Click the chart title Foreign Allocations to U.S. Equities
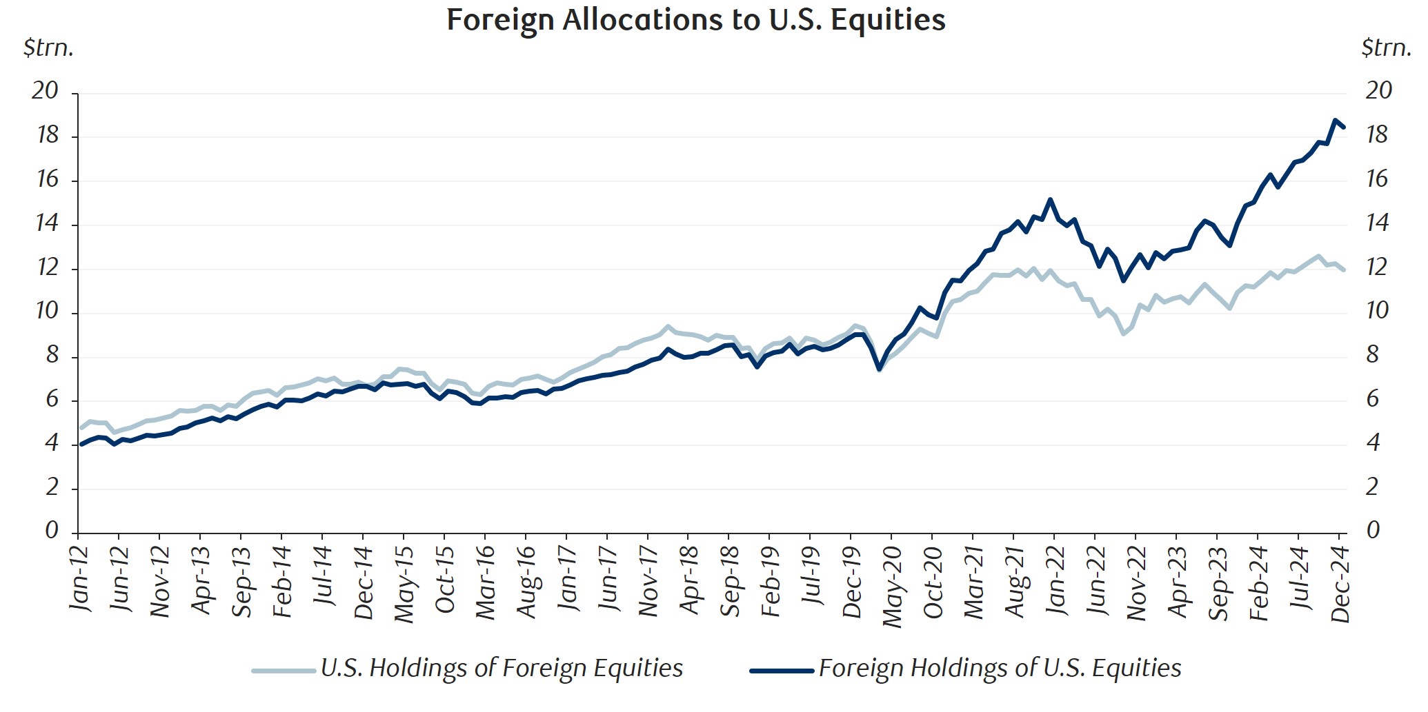[695, 20]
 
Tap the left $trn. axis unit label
[48, 48]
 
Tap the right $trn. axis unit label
[1385, 48]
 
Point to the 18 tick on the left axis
[48, 136]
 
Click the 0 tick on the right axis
[1373, 530]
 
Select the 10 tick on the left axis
[48, 312]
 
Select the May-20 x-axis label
[892, 586]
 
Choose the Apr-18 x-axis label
[689, 579]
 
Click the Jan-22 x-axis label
[1055, 579]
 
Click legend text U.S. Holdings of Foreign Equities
[502, 668]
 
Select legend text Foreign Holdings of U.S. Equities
[1000, 668]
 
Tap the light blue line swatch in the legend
[283, 670]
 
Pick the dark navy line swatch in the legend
[782, 670]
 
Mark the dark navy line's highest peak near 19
[1335, 121]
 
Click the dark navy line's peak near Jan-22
[1050, 200]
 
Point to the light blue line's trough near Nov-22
[1123, 334]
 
